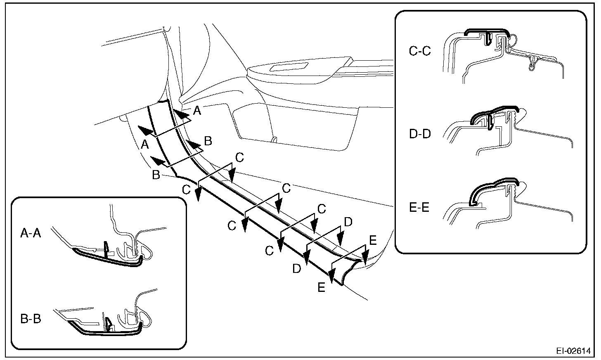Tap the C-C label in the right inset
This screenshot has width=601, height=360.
point(420,52)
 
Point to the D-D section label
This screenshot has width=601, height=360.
point(419,135)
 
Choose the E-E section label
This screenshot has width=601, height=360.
point(419,206)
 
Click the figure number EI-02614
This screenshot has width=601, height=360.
point(573,351)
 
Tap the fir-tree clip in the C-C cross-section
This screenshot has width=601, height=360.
point(533,62)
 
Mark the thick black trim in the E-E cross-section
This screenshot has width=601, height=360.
point(493,186)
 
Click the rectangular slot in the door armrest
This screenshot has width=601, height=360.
point(291,67)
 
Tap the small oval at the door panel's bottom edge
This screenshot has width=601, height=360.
point(274,139)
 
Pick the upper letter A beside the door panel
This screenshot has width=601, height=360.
point(198,110)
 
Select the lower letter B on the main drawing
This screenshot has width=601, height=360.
point(156,175)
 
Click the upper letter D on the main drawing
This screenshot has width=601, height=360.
point(348,222)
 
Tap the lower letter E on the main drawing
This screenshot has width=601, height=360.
point(322,287)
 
